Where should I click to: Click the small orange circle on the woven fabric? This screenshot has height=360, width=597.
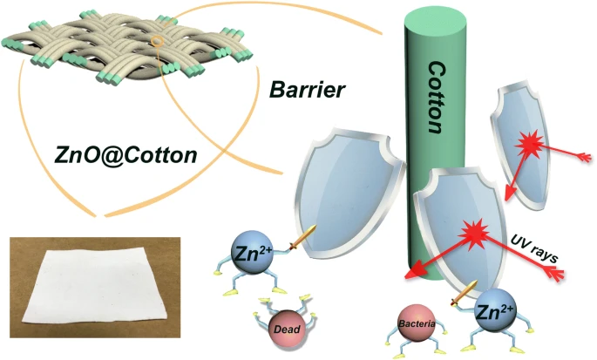pos(157,39)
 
